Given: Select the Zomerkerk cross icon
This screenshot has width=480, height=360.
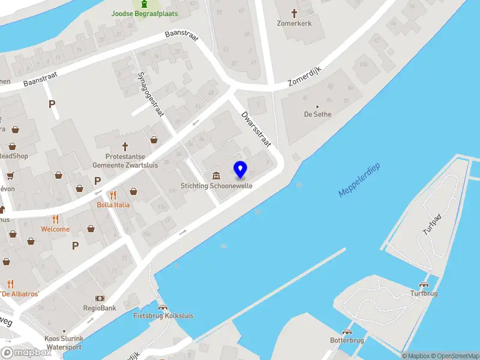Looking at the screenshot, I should click(294, 13).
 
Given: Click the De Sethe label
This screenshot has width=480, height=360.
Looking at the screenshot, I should click(317, 114).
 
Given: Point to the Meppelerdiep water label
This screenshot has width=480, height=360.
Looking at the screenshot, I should click(359, 180).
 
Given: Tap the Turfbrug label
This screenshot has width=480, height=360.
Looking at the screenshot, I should click(424, 293).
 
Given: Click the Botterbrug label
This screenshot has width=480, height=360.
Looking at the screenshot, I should click(347, 340).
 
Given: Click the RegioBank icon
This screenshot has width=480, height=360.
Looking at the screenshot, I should click(100, 298).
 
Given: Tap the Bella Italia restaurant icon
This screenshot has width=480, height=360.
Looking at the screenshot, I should click(113, 195).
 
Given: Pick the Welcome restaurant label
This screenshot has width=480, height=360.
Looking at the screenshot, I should click(55, 229).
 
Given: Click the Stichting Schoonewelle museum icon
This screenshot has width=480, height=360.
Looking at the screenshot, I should click(216, 175).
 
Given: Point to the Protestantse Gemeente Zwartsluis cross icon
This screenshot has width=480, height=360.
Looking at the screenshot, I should click(125, 146).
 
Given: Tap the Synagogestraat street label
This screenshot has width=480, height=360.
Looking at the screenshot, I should click(151, 95).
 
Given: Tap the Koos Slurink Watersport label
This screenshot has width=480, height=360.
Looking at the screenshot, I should click(63, 343).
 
